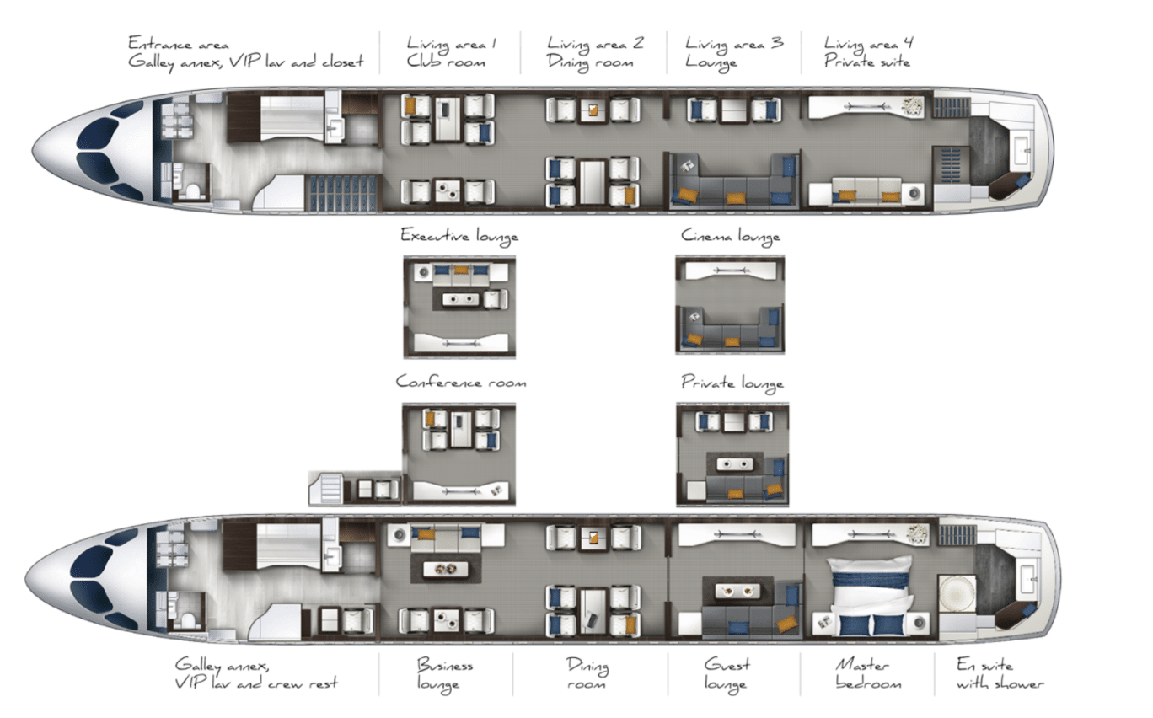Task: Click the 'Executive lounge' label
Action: (459, 236)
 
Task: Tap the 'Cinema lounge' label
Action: (730, 237)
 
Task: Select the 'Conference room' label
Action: (460, 382)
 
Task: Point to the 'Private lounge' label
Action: (732, 383)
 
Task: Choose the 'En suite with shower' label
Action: (999, 674)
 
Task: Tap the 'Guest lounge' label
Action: (727, 673)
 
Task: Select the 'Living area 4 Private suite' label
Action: (867, 51)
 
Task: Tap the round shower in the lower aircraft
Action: (957, 594)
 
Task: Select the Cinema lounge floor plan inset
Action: (730, 304)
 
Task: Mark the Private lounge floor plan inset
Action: (732, 454)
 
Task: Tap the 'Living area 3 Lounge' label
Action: (733, 51)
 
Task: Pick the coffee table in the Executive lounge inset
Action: (460, 299)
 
